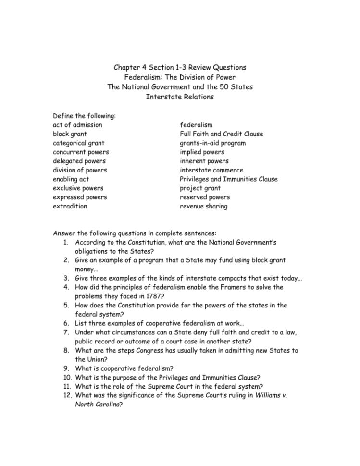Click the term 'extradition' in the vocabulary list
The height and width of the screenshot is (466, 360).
click(70, 206)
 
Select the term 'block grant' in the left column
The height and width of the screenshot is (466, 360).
click(70, 134)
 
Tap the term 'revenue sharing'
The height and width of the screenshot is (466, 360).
click(204, 206)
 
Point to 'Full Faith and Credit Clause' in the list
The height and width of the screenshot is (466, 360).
click(222, 134)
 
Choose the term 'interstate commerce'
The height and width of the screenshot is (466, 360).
click(211, 170)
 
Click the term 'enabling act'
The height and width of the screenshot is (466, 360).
click(71, 179)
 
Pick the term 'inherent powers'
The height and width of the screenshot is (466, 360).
click(204, 161)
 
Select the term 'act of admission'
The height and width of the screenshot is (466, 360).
click(77, 125)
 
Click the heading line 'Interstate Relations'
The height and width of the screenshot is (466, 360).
click(180, 97)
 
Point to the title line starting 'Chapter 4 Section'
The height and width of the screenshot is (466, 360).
click(180, 67)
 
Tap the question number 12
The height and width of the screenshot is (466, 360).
click(68, 396)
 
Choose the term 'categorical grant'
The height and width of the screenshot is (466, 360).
click(79, 143)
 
